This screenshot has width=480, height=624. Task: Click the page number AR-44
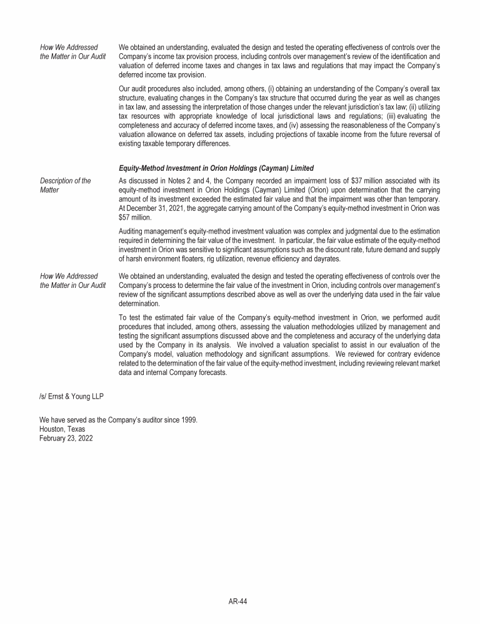point(239,601)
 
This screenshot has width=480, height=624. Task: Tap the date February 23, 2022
point(66,437)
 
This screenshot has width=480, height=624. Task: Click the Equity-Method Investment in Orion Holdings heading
point(216,168)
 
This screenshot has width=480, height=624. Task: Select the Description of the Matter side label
point(64,185)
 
